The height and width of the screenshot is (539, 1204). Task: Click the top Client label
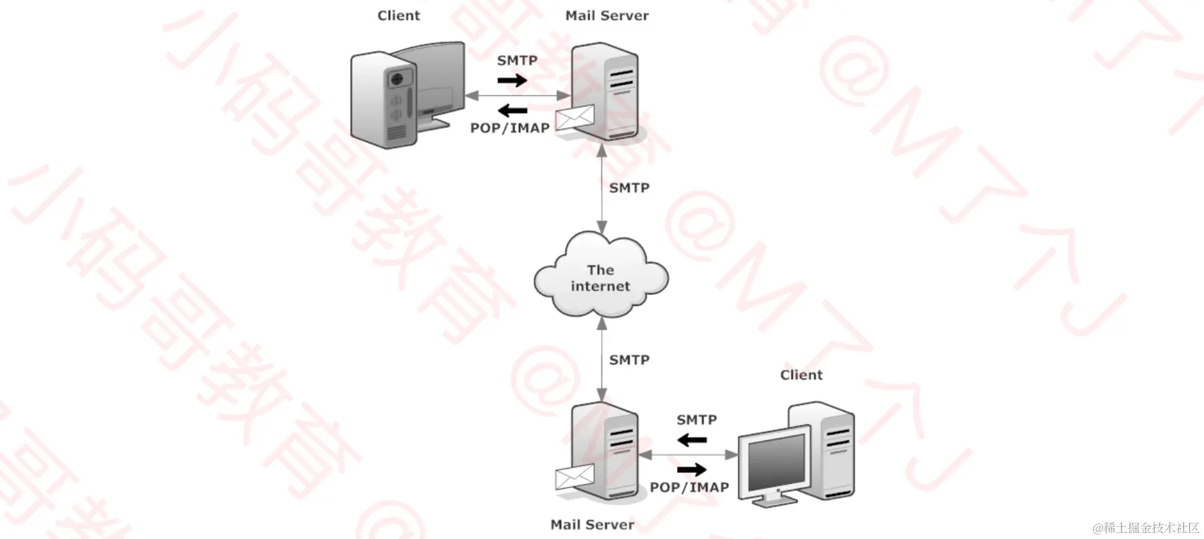(399, 15)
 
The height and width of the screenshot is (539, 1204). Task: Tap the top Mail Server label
(607, 15)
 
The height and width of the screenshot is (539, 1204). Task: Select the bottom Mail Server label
(592, 524)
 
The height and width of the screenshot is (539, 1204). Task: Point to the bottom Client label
(801, 375)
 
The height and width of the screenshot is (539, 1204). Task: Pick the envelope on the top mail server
(575, 117)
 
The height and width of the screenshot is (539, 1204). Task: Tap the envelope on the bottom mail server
(575, 477)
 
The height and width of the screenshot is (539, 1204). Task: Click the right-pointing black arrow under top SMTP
(512, 81)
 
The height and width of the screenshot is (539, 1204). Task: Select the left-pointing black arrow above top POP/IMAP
(513, 109)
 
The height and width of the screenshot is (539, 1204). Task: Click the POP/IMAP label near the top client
(509, 128)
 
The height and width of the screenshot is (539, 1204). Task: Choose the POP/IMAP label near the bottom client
(689, 487)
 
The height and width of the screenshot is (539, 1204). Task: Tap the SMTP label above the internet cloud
(629, 188)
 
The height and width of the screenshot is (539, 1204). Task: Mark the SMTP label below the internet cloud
(629, 360)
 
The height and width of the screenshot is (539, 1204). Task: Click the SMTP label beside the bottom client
(697, 420)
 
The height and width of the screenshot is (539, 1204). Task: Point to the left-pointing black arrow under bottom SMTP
(692, 440)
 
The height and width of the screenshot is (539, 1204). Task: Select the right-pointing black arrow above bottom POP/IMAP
(692, 469)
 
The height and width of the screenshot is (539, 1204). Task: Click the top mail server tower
(605, 91)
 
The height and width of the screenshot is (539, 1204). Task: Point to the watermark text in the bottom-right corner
(1146, 528)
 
